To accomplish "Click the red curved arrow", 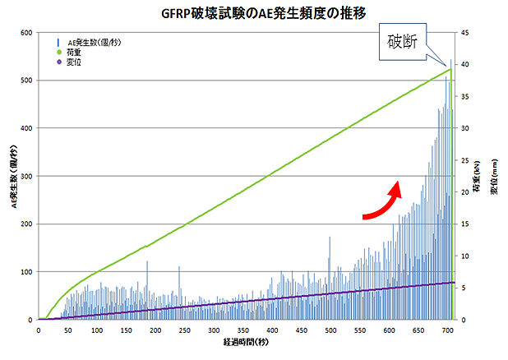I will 383,201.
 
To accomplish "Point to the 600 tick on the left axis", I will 25,33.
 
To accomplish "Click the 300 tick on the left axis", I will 25,176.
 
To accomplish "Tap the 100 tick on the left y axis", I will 25,271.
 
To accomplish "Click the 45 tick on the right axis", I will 464,33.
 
